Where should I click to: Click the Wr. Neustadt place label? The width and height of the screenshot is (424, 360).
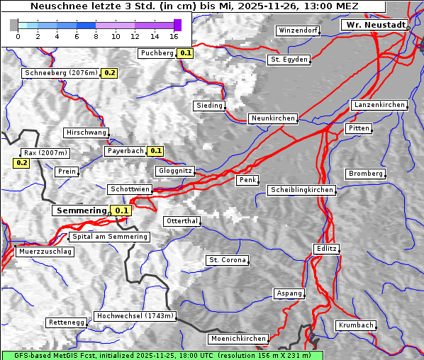[375, 25]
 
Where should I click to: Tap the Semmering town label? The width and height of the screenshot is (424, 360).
[80, 210]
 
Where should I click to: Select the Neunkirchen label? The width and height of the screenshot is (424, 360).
[272, 118]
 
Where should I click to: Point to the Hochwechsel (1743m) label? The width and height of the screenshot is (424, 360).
[135, 316]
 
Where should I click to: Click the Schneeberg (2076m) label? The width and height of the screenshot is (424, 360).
[60, 73]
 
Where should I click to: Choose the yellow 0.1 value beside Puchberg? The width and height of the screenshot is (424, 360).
[185, 53]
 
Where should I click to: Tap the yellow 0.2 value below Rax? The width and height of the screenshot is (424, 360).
[22, 163]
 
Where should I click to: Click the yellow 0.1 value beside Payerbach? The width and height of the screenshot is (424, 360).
[155, 151]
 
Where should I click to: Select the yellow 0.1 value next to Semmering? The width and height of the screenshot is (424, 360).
[122, 210]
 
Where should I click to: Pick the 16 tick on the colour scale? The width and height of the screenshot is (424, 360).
[174, 36]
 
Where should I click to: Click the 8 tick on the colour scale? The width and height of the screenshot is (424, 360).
[96, 36]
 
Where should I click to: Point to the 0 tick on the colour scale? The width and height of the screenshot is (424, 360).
[18, 36]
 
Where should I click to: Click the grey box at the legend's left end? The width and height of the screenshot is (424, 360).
[13, 25]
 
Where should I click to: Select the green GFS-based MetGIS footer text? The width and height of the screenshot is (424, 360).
[162, 355]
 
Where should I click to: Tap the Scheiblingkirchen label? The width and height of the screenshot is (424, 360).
[301, 190]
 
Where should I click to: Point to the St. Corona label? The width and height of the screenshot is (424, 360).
[227, 260]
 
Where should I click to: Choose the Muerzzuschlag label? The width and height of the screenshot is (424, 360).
[45, 252]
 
